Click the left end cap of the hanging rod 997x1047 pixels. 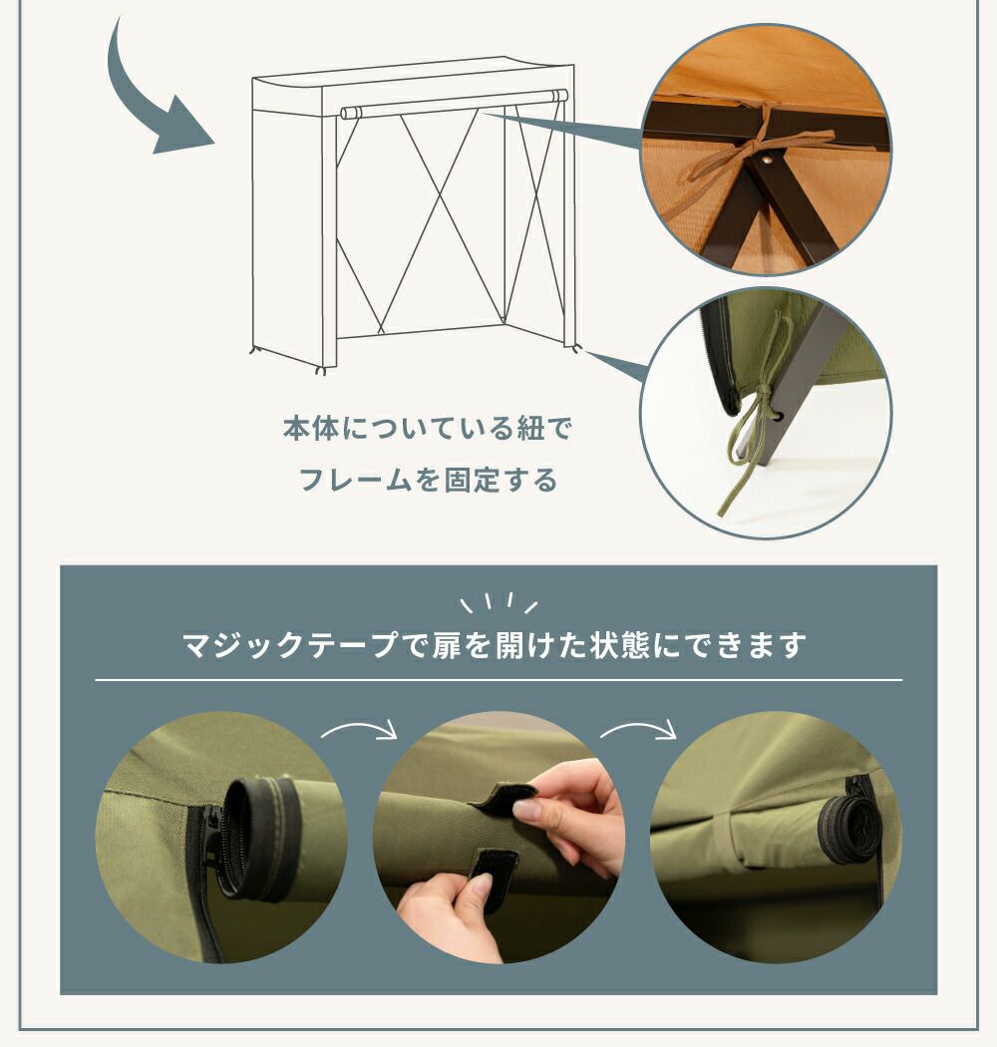(348, 112)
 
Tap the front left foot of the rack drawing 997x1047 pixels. (321, 369)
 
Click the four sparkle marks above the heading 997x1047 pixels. (498, 603)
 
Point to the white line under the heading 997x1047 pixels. (498, 680)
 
